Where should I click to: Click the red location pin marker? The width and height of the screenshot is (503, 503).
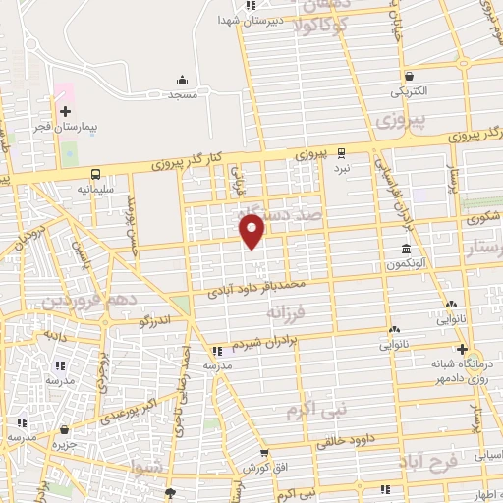tap(253, 231)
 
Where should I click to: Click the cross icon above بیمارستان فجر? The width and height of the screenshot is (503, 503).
tap(66, 112)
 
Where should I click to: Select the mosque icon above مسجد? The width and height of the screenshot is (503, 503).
tap(182, 81)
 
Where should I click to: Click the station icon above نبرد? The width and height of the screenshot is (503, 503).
tap(341, 152)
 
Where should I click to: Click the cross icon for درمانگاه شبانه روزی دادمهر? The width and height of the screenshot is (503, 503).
tap(461, 349)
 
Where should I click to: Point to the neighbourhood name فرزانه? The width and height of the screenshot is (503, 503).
tap(287, 310)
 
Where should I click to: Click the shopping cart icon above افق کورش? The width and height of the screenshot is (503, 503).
tap(263, 453)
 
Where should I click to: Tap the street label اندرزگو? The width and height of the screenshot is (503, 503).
tap(152, 319)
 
